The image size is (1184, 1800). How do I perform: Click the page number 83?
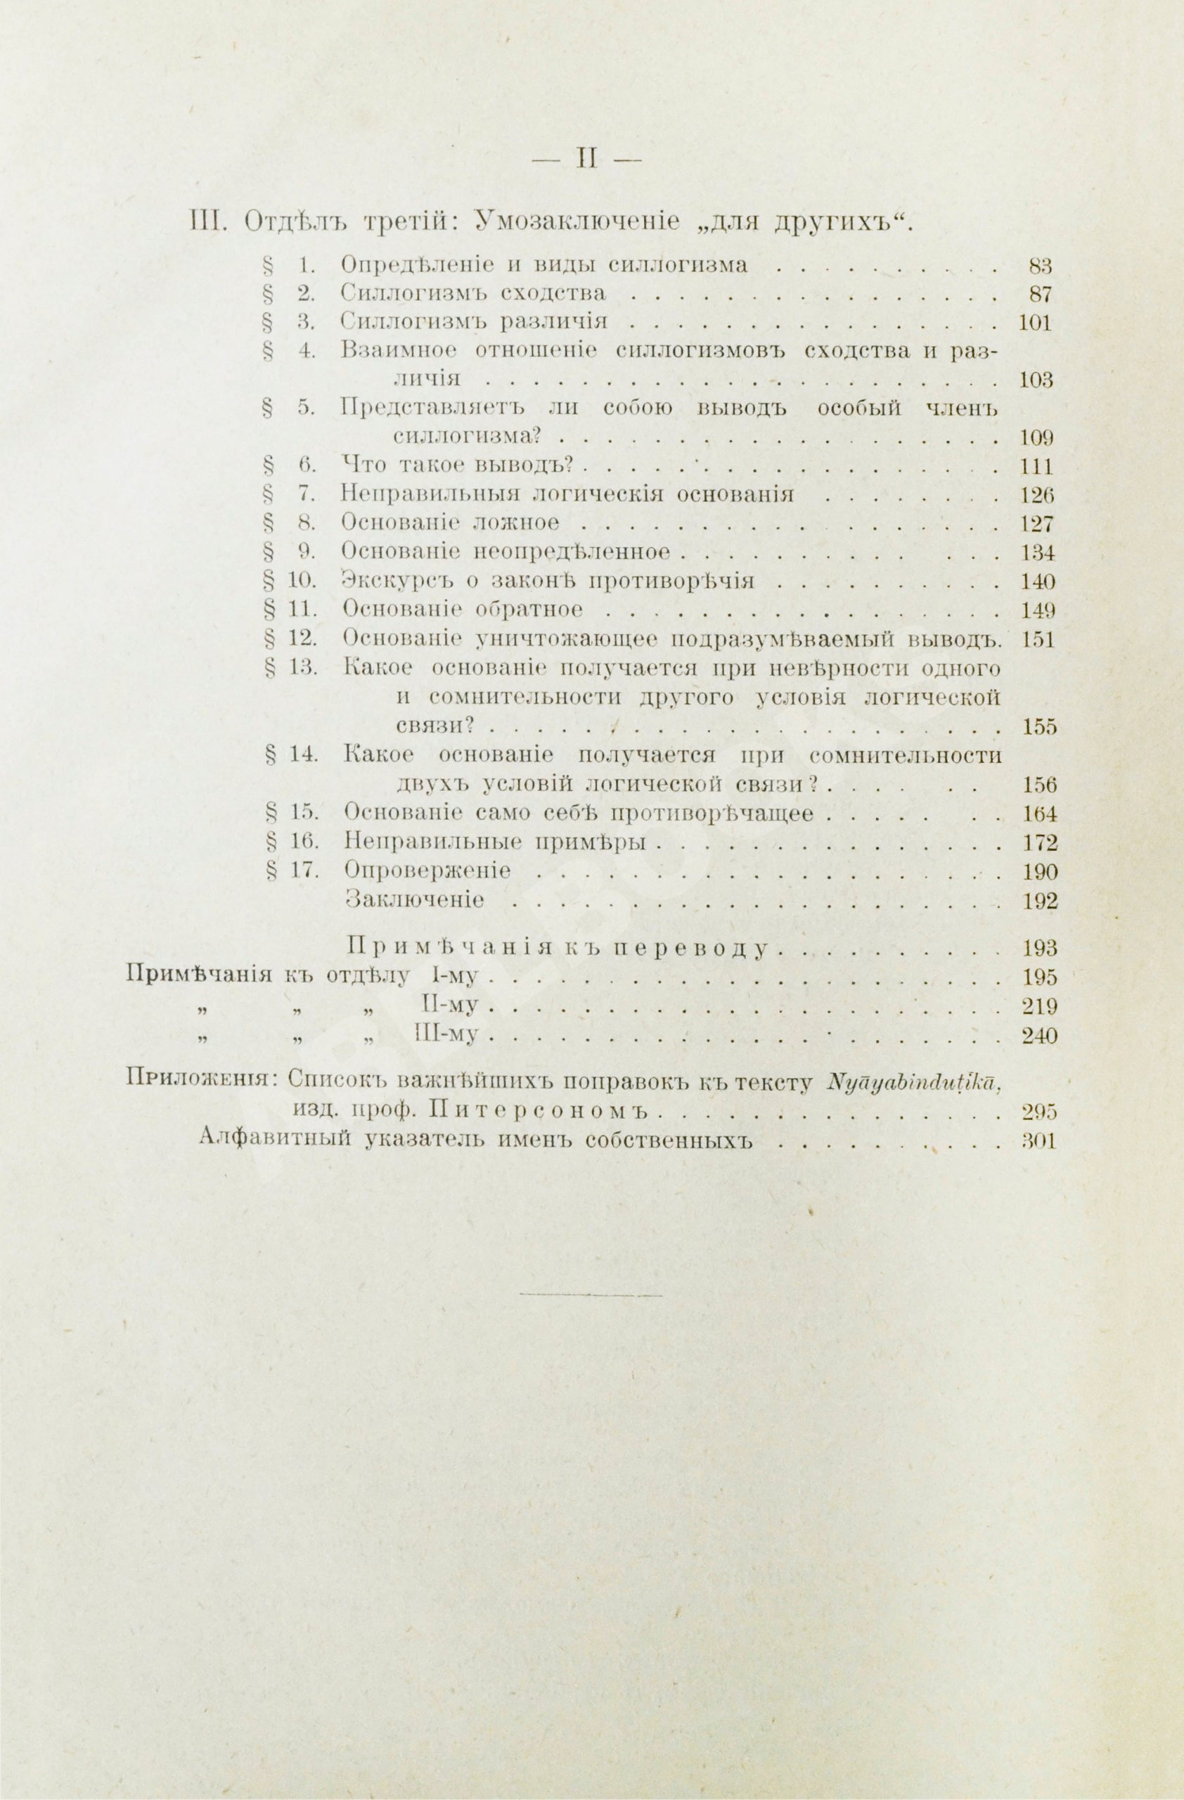click(1041, 266)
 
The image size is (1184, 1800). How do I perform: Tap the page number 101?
click(1035, 323)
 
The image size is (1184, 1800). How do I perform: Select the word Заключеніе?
click(413, 900)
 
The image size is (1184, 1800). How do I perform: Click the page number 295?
click(1037, 1112)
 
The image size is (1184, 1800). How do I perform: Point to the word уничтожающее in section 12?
click(568, 640)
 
